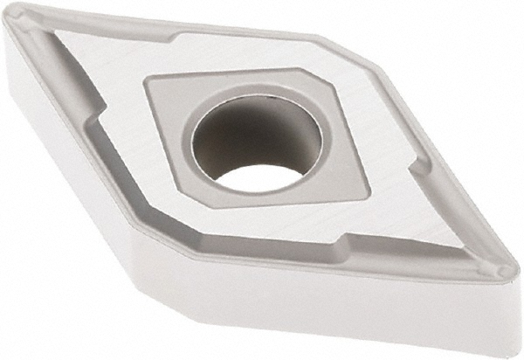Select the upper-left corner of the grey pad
(x=149, y=80)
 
